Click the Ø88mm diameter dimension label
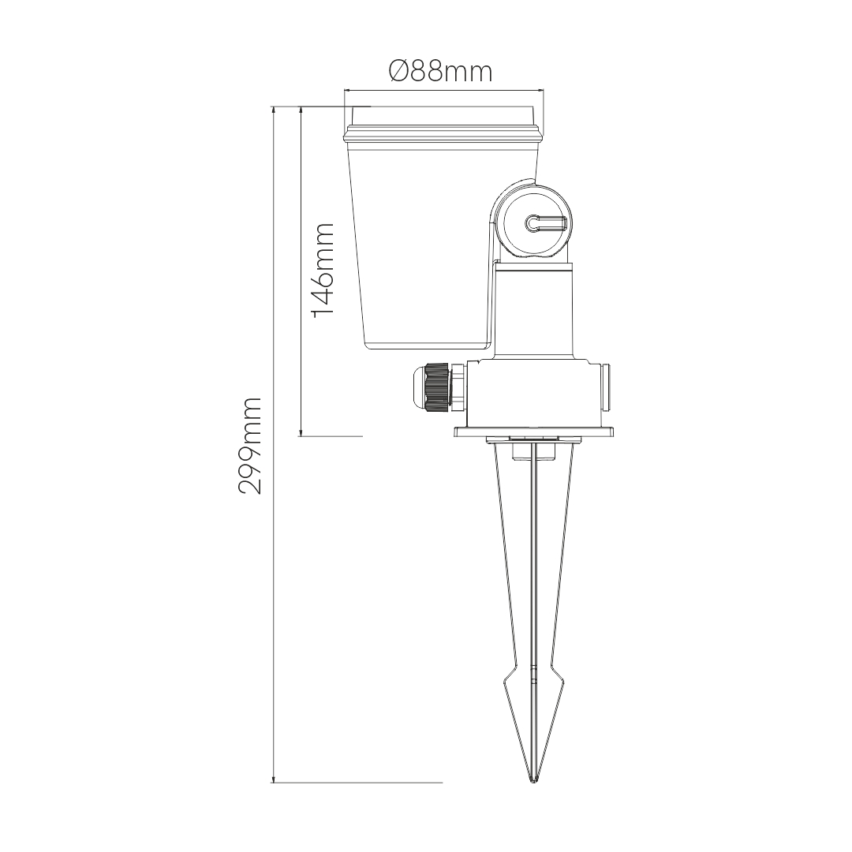click(441, 72)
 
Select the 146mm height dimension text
click(323, 269)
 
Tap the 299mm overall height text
click(250, 446)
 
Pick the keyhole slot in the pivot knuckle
click(546, 222)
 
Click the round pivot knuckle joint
click(533, 222)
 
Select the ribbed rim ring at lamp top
click(443, 134)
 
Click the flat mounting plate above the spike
click(535, 432)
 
